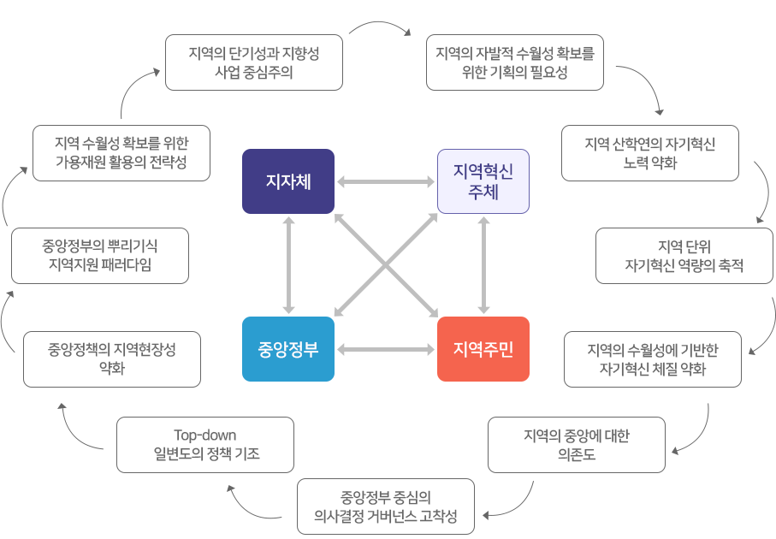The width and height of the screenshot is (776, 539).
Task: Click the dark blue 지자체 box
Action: tap(287, 181)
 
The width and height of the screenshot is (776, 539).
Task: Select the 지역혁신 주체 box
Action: tap(483, 181)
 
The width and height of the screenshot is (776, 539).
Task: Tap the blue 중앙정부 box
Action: tap(287, 349)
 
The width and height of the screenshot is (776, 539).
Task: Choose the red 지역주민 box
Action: tap(483, 349)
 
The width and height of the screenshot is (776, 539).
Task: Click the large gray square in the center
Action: tap(386, 265)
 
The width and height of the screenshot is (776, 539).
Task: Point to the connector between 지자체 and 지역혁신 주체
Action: tap(386, 181)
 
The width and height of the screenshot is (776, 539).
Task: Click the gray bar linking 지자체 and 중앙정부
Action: tap(288, 265)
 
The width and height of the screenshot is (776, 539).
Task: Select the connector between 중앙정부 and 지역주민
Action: tap(386, 349)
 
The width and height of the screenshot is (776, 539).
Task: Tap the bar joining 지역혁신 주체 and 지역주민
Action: tap(483, 265)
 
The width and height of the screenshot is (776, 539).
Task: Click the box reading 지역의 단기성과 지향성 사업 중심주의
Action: tap(254, 62)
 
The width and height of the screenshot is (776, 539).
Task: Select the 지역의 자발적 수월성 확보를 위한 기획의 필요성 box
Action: tap(514, 62)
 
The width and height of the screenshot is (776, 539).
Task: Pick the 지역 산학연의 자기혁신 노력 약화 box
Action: tap(650, 153)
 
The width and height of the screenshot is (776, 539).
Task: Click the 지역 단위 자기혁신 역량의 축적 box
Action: tap(684, 256)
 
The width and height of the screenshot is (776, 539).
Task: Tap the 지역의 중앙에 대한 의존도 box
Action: tap(576, 445)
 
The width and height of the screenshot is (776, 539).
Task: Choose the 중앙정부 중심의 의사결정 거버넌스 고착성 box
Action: tap(386, 506)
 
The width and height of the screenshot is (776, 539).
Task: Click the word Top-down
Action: tap(204, 435)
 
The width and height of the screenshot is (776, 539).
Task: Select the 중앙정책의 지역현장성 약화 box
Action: tap(112, 359)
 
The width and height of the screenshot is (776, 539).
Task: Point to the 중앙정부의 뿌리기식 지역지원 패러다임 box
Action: tap(100, 255)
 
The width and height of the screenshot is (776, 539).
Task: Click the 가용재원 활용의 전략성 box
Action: tap(121, 152)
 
